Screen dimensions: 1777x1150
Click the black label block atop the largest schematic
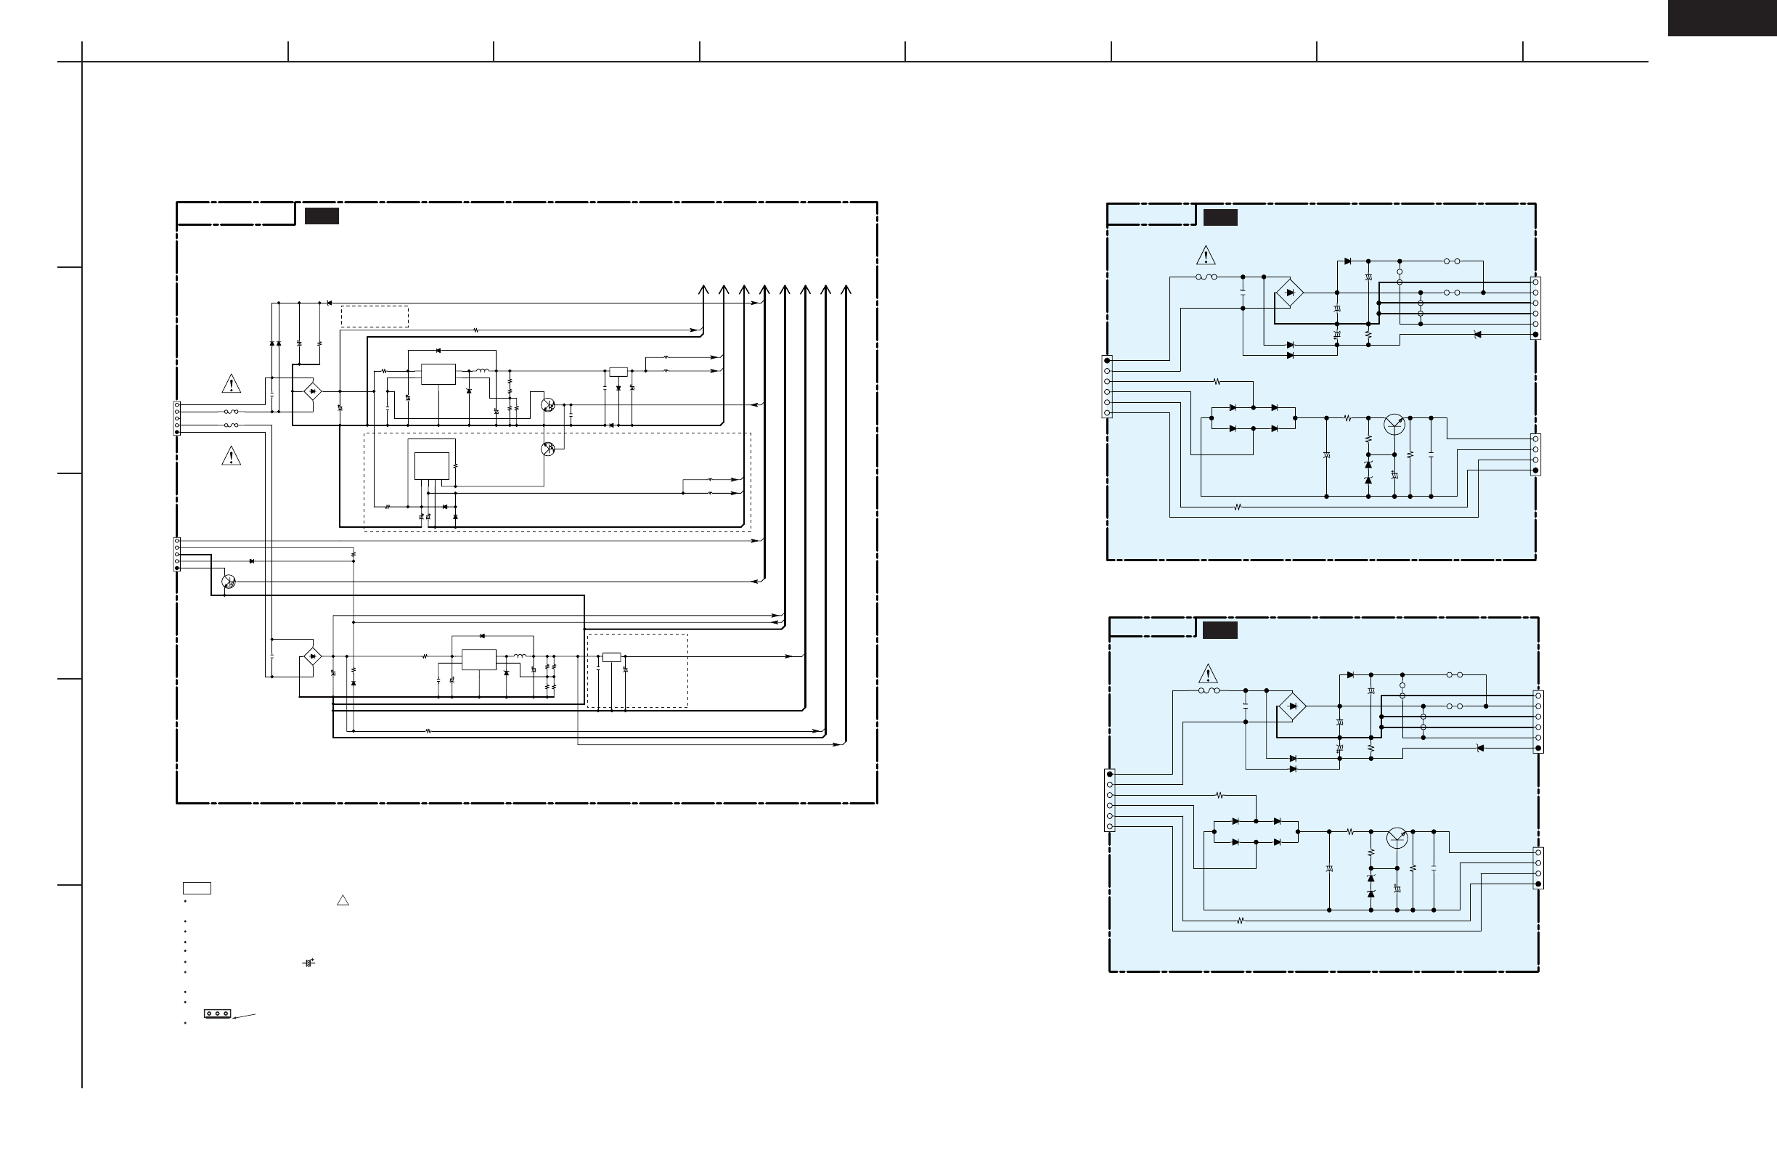(x=322, y=216)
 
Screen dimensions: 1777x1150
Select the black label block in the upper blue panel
(x=1220, y=217)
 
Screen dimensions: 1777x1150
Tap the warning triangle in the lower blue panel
(x=1207, y=674)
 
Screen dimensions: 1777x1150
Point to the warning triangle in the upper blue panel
(x=1205, y=256)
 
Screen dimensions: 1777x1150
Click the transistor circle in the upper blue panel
(x=1394, y=423)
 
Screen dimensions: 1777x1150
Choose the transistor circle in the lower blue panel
(x=1396, y=838)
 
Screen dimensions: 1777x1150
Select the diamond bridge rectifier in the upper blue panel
(x=1289, y=293)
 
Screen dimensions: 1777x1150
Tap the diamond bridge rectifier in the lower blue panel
(x=1292, y=706)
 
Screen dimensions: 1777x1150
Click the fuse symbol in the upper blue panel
(x=1206, y=277)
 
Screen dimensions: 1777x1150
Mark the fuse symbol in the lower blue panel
(x=1209, y=690)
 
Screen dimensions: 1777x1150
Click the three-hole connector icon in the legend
(x=217, y=1014)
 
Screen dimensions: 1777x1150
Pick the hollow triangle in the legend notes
(x=343, y=900)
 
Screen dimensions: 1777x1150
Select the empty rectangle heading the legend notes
(x=197, y=888)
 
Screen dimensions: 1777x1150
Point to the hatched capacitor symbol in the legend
(x=308, y=963)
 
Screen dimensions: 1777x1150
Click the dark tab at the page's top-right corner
(x=1722, y=17)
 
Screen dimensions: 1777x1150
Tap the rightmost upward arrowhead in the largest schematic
(x=846, y=290)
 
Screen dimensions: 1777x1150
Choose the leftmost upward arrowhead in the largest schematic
(x=703, y=290)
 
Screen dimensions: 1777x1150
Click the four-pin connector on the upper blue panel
(x=1536, y=454)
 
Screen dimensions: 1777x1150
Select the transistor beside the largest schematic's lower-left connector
(x=229, y=581)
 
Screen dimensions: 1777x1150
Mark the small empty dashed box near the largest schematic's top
(x=374, y=316)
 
